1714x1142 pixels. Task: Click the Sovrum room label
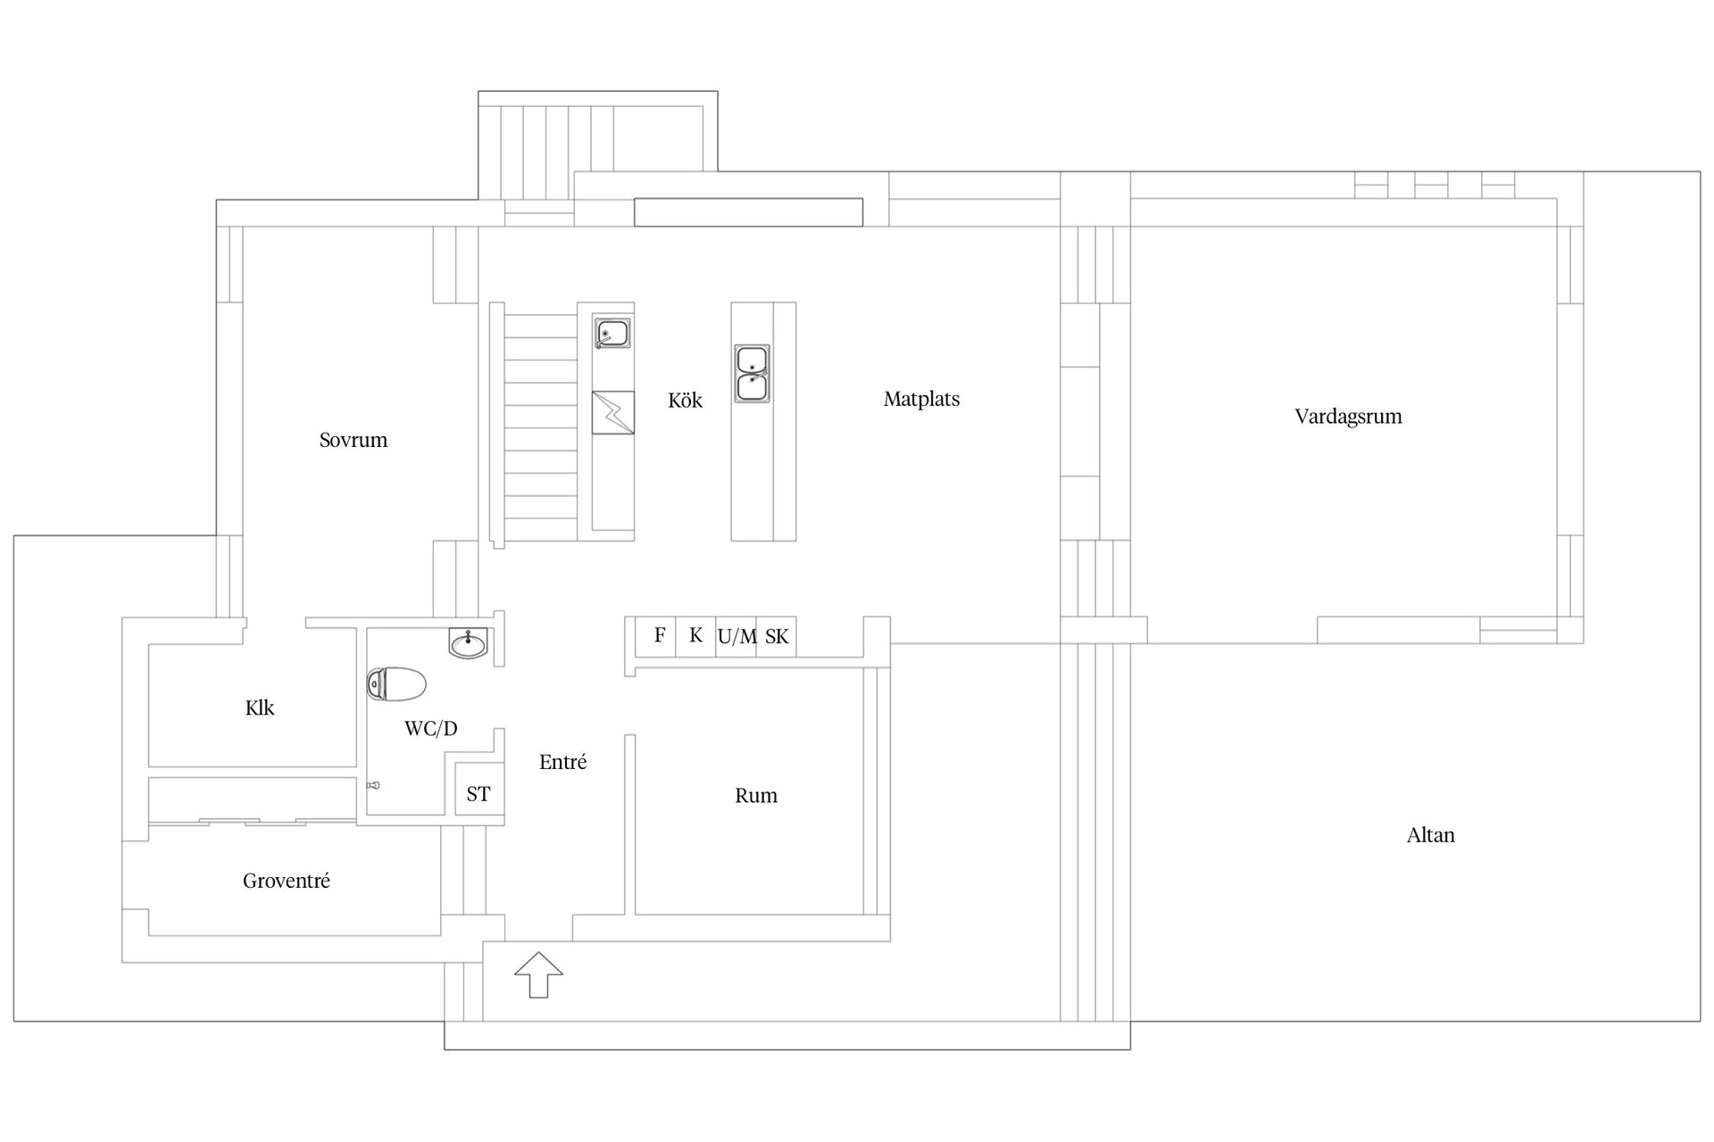coord(354,440)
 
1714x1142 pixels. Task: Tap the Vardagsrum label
coord(1348,417)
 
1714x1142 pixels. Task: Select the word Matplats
coord(921,399)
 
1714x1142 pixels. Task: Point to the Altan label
coord(1430,835)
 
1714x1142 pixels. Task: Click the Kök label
coord(685,401)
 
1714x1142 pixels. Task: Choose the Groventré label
coord(286,881)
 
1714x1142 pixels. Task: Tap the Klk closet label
coord(260,708)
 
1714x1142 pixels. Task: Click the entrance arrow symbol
coord(538,974)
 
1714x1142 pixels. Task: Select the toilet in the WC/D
coord(397,684)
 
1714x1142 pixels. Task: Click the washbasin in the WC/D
coord(468,642)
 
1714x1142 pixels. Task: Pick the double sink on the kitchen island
coord(752,373)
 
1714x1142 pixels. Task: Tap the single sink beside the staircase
coord(612,335)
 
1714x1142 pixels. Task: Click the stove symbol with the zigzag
coord(612,412)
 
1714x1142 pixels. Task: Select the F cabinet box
coord(659,635)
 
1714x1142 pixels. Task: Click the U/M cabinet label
coord(736,637)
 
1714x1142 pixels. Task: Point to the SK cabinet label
coord(777,637)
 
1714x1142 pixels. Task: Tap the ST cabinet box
coord(478,792)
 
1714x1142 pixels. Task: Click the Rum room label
coord(755,796)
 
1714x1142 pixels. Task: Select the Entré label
coord(562,763)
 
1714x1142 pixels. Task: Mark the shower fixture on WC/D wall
coord(374,785)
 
